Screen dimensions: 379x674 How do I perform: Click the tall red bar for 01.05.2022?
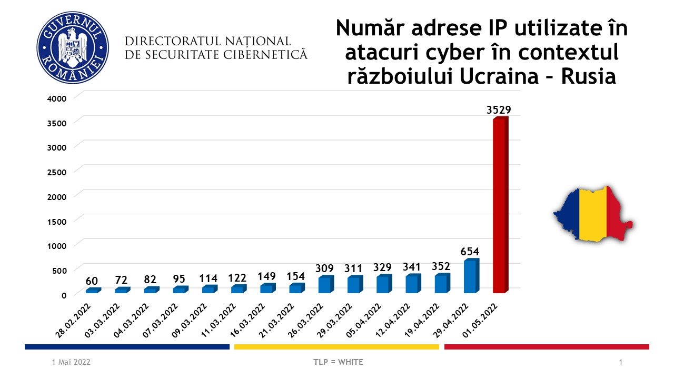point(500,205)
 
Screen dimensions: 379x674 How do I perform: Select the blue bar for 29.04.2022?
point(471,276)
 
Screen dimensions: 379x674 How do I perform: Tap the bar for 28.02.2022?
point(93,291)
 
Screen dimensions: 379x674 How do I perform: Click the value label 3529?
point(498,110)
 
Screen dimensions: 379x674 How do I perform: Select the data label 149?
point(267,275)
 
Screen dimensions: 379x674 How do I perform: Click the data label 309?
point(325,268)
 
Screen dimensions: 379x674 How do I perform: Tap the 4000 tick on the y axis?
point(56,98)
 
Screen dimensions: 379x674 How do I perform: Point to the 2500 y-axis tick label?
point(56,172)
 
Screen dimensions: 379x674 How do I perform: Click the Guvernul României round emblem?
point(73,47)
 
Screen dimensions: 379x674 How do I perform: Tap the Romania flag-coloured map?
point(592,214)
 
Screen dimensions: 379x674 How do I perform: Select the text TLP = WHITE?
point(337,362)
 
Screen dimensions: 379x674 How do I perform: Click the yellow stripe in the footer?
point(336,347)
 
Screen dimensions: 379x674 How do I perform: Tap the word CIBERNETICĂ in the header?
point(269,54)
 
